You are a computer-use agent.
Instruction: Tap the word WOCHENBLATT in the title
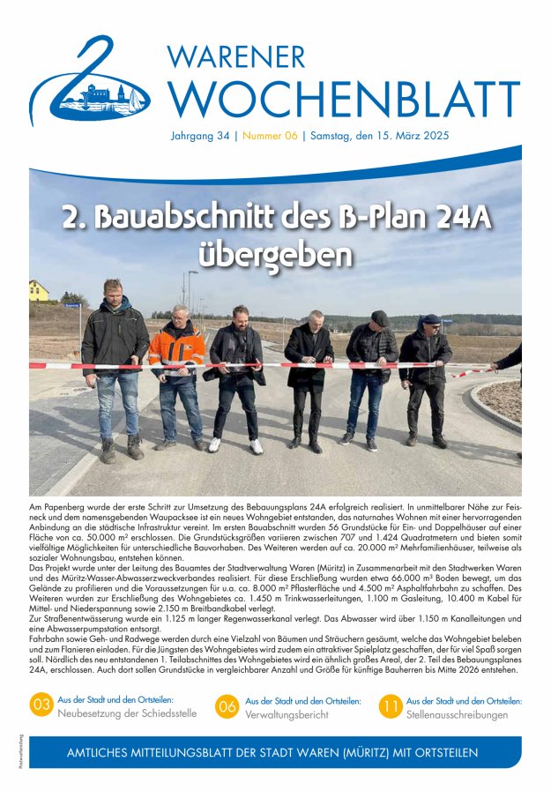pyautogui.click(x=344, y=99)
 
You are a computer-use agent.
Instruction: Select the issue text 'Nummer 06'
pyautogui.click(x=270, y=137)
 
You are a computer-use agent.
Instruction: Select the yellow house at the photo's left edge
pyautogui.click(x=39, y=290)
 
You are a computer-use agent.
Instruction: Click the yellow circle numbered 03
pyautogui.click(x=41, y=705)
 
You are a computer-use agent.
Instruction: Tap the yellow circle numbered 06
pyautogui.click(x=227, y=705)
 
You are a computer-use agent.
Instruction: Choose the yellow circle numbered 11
pyautogui.click(x=391, y=705)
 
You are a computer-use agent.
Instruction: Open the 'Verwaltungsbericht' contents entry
pyautogui.click(x=287, y=714)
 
